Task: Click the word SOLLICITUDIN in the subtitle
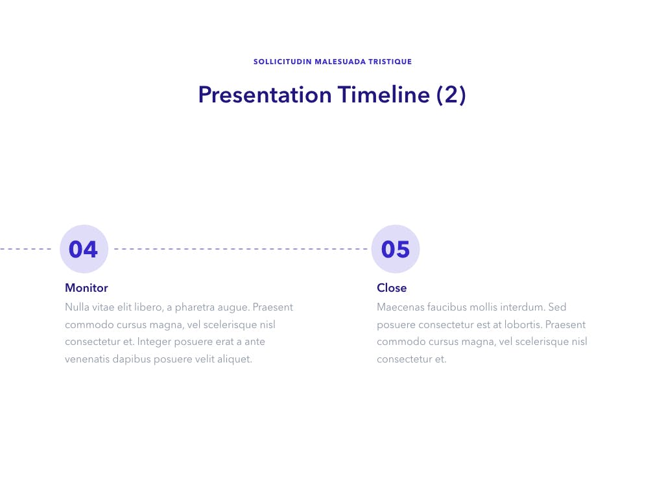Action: click(x=283, y=62)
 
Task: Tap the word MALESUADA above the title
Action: click(x=340, y=62)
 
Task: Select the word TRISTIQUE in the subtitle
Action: click(x=390, y=62)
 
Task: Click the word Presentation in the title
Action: click(x=265, y=95)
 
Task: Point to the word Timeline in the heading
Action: click(x=384, y=95)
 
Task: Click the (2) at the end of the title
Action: click(x=451, y=95)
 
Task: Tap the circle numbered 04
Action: click(x=84, y=249)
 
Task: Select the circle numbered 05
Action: click(x=396, y=249)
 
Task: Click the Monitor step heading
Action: click(x=86, y=288)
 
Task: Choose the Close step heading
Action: click(x=392, y=288)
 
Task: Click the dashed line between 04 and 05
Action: click(x=241, y=249)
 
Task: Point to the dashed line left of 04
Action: click(x=25, y=249)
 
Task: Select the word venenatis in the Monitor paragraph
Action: click(x=88, y=359)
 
